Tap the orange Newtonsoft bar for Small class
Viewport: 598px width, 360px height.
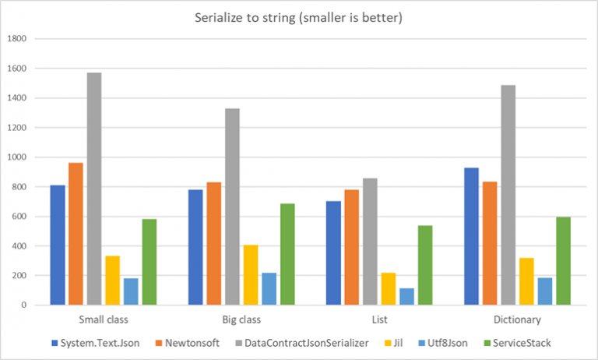(x=76, y=234)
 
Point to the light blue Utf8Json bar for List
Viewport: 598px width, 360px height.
(x=406, y=296)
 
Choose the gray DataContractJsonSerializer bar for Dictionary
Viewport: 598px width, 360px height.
(x=508, y=195)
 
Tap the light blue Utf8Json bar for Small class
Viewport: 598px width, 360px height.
(x=131, y=291)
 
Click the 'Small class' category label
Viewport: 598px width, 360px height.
(x=104, y=319)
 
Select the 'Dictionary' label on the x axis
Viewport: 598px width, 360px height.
(x=517, y=319)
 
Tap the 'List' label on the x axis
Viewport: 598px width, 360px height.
(x=379, y=319)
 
